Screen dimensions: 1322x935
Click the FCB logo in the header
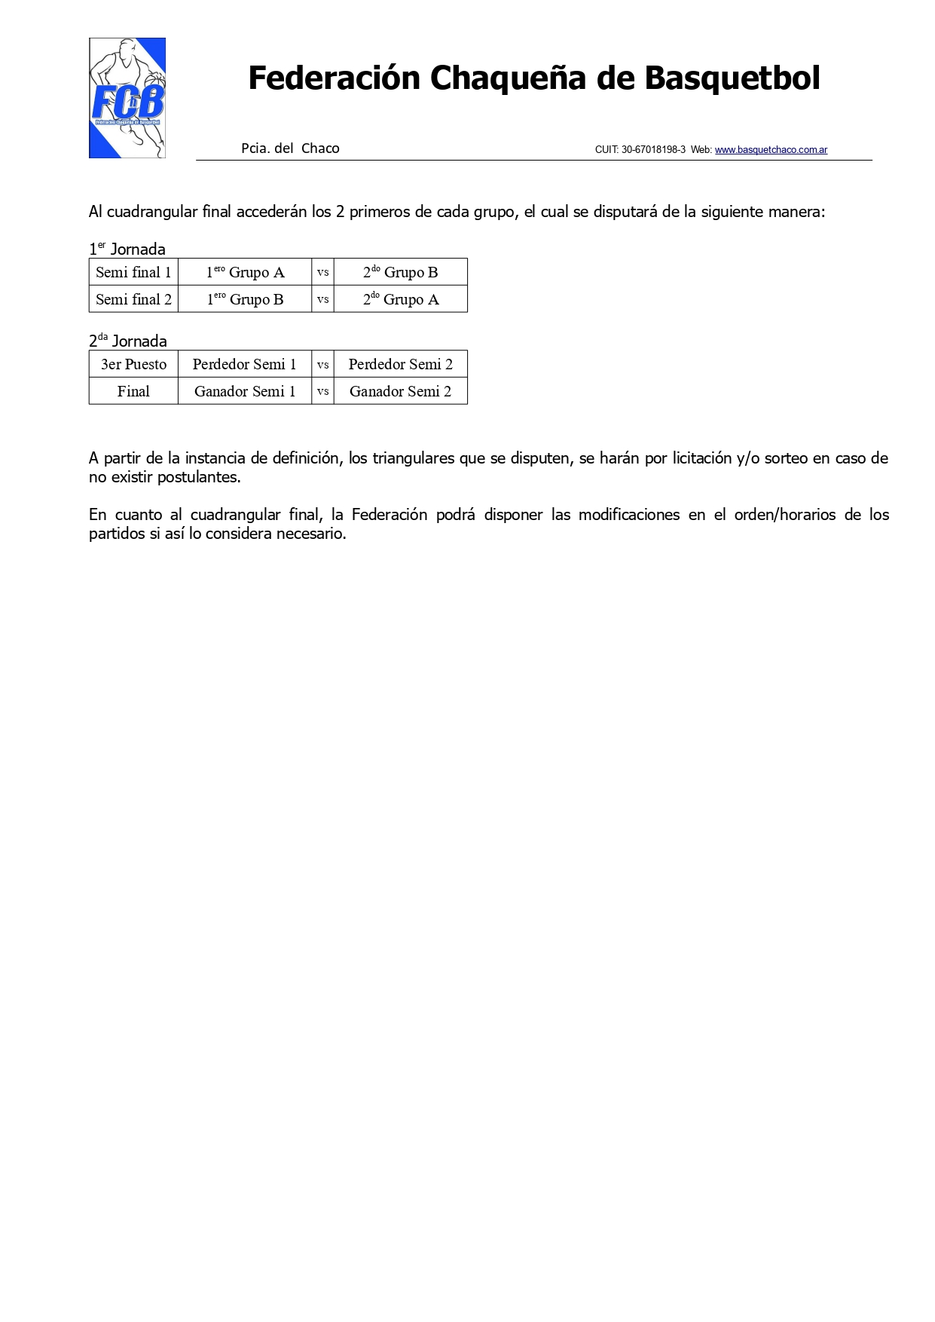click(127, 98)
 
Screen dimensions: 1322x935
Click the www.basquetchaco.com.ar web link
click(771, 150)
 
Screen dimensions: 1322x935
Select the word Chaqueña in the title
click(509, 78)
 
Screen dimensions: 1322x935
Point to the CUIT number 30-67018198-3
click(653, 150)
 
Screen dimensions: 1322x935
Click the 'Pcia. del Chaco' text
click(290, 148)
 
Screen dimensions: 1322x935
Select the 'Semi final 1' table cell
click(133, 272)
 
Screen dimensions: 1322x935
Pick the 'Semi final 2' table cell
click(133, 299)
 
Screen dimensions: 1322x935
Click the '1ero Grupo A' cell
click(245, 272)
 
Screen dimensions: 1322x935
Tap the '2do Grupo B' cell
click(400, 272)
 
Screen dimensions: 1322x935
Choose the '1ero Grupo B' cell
click(245, 299)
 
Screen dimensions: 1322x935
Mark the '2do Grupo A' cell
click(400, 299)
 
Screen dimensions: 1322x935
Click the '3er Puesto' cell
click(133, 364)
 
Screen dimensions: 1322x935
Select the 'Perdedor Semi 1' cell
click(245, 364)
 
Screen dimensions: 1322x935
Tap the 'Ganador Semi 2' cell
click(400, 391)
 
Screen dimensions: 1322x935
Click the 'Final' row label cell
click(133, 391)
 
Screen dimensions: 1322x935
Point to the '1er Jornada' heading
click(127, 249)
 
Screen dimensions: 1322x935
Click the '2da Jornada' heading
click(128, 341)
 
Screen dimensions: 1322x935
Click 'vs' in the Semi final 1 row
click(322, 272)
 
